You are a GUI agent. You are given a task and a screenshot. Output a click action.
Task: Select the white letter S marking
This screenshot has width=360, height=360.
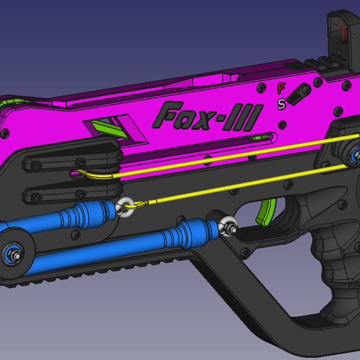pyautogui.click(x=281, y=104)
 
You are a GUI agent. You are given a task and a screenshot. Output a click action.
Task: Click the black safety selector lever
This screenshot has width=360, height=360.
pyautogui.click(x=298, y=93)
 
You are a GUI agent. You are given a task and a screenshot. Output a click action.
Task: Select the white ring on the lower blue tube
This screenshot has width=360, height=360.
pyautogui.click(x=229, y=227)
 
